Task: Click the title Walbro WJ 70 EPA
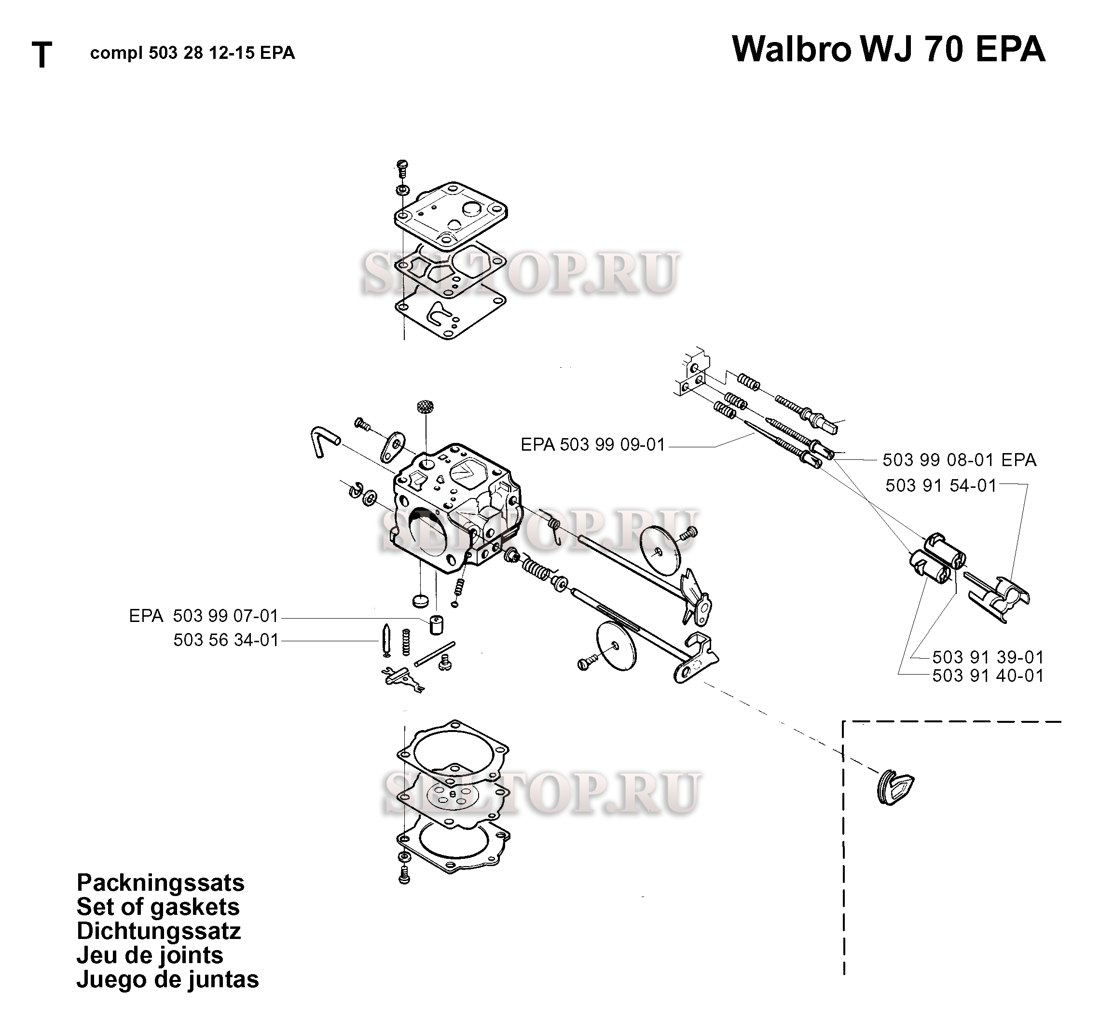pyautogui.click(x=888, y=50)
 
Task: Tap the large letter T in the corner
pyautogui.click(x=42, y=55)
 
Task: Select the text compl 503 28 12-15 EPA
pyautogui.click(x=192, y=53)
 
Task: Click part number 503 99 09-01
pyautogui.click(x=612, y=444)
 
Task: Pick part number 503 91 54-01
pyautogui.click(x=941, y=485)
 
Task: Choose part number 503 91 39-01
pyautogui.click(x=988, y=657)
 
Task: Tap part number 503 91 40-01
pyautogui.click(x=988, y=676)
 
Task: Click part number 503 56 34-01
pyautogui.click(x=226, y=640)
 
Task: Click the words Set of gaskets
pyautogui.click(x=158, y=907)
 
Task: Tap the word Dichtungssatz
pyautogui.click(x=159, y=931)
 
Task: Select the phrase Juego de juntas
pyautogui.click(x=168, y=979)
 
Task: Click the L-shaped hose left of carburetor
pyautogui.click(x=323, y=441)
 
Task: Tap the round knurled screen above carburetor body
pyautogui.click(x=425, y=406)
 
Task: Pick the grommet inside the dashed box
pyautogui.click(x=895, y=786)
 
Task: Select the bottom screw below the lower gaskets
pyautogui.click(x=404, y=876)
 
